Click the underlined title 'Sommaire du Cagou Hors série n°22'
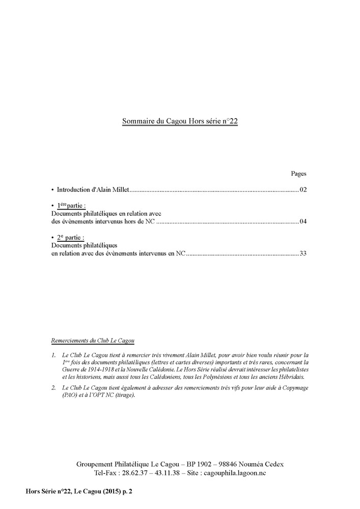tap(180, 122)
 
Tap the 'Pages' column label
tap(298, 174)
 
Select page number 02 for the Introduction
tap(303, 190)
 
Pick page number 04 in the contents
tap(303, 222)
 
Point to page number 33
tap(303, 253)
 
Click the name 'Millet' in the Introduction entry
tap(122, 190)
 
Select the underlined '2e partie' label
tap(70, 238)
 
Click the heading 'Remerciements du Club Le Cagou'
tap(96, 340)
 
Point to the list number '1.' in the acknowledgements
tap(54, 354)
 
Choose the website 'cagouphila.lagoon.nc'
tap(234, 473)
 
